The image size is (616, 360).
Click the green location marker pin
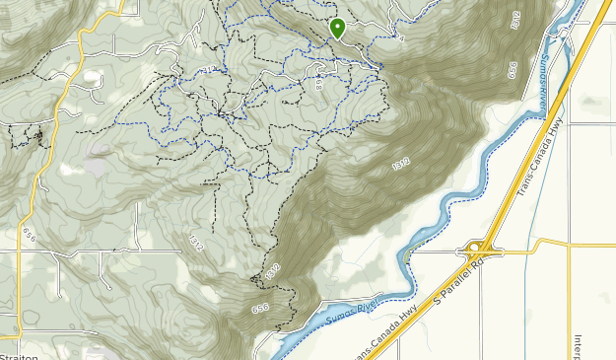pos(337,28)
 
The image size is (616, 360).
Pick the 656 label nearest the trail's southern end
pos(260,309)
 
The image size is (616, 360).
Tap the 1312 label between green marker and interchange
pos(400,164)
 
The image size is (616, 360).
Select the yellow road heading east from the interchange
pos(552,246)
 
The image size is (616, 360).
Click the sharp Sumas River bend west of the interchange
pos(405,258)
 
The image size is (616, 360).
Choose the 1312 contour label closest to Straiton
pos(195,241)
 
